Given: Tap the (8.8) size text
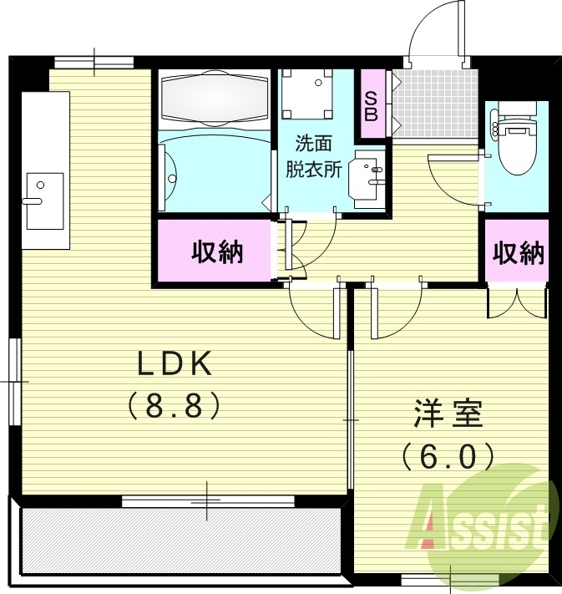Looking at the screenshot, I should (x=175, y=406).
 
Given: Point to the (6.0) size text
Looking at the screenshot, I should (x=446, y=456).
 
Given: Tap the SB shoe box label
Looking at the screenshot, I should (x=371, y=104).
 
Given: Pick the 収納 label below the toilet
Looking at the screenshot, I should (x=517, y=252).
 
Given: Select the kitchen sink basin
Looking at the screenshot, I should (x=43, y=200).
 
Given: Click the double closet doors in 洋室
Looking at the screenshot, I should (x=518, y=302).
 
